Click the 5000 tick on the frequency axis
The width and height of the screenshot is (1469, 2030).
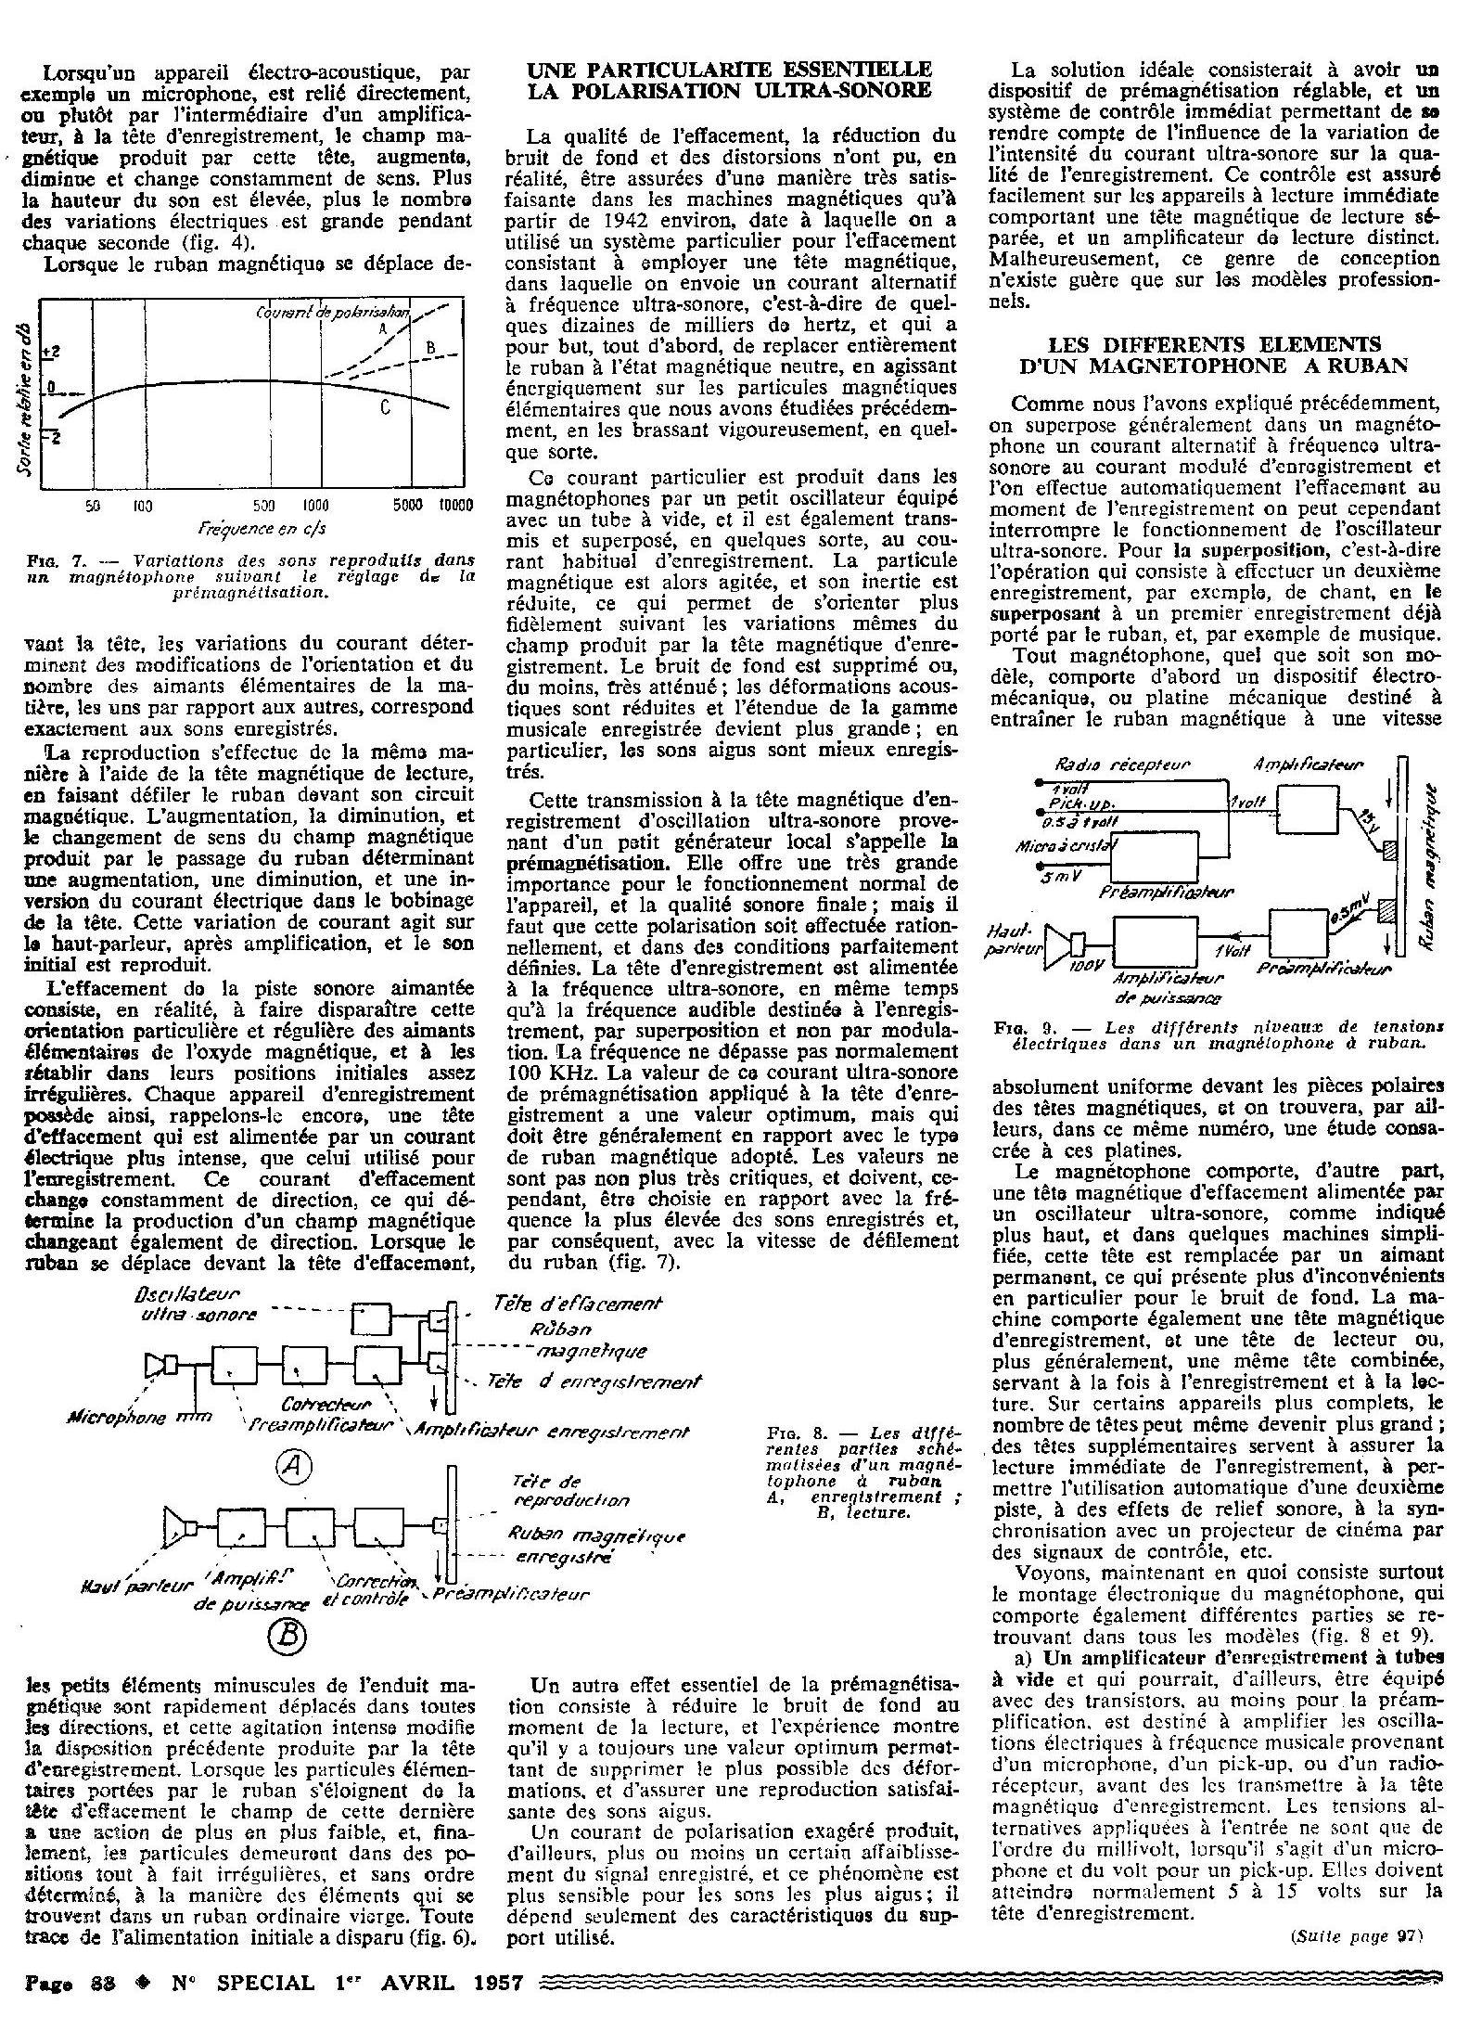[x=408, y=507]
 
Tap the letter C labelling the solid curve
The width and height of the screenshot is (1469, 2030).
[x=383, y=408]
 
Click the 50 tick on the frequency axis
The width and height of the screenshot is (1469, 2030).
[x=93, y=507]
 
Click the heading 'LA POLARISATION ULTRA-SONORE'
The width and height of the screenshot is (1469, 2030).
[x=729, y=91]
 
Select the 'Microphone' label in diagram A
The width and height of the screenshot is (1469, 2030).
[x=118, y=1418]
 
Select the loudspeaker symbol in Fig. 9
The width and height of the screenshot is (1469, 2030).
[x=1057, y=944]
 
